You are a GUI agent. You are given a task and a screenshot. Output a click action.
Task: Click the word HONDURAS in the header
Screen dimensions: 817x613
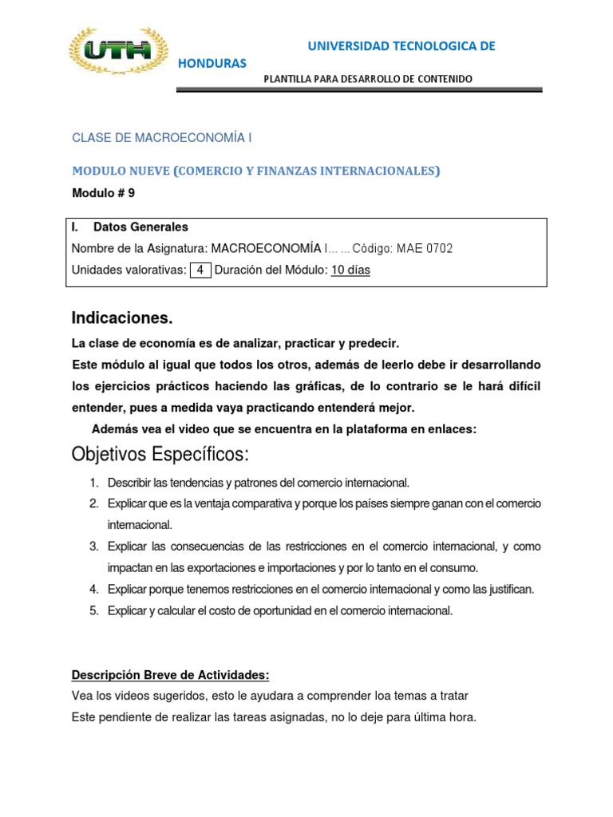click(x=212, y=63)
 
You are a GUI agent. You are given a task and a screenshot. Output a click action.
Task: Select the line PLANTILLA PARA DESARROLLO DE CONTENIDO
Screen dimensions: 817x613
click(x=368, y=78)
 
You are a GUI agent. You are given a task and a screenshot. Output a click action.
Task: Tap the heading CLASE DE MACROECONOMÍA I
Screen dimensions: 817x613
click(x=162, y=138)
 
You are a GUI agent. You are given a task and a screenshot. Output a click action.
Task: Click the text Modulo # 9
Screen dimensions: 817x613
click(x=104, y=192)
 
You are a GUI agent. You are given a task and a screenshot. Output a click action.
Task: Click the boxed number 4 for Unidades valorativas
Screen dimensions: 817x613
click(x=200, y=270)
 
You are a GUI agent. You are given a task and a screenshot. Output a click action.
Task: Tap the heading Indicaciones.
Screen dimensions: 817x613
click(x=122, y=318)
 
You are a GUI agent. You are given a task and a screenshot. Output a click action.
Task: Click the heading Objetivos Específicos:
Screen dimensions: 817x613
click(x=160, y=455)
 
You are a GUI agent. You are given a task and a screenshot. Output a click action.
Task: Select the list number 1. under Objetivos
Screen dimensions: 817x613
click(x=93, y=483)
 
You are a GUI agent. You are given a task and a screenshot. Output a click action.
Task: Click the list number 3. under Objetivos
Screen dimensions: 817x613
click(x=93, y=547)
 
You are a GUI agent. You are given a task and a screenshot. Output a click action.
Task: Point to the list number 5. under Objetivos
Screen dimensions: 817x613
click(x=93, y=610)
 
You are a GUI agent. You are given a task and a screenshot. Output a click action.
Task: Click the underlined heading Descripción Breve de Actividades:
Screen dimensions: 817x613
click(x=172, y=674)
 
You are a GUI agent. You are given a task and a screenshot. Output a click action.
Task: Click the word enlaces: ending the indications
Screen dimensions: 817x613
click(x=451, y=429)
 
